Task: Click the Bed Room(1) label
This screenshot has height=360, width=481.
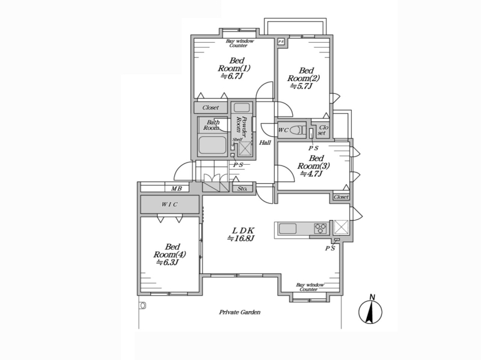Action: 234,68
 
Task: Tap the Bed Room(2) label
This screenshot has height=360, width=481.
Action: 304,79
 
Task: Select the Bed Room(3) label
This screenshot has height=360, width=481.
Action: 313,166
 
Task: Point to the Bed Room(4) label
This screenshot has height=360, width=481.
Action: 170,254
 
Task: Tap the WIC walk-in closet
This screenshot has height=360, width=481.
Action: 170,204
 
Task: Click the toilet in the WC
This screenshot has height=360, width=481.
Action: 297,130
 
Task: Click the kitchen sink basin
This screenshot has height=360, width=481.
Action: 287,229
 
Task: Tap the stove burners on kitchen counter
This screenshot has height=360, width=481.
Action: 320,229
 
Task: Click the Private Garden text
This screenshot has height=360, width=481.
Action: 239,312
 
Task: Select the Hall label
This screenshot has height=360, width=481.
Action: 265,142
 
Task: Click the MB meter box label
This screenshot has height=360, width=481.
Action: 176,189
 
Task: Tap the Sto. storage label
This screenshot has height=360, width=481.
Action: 242,189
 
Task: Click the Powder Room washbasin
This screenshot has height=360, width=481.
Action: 242,108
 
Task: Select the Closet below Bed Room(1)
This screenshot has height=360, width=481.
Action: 211,108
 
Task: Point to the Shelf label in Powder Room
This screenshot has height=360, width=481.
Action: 237,139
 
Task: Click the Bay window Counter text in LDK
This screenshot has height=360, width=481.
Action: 310,287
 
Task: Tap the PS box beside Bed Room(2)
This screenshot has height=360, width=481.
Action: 281,41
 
